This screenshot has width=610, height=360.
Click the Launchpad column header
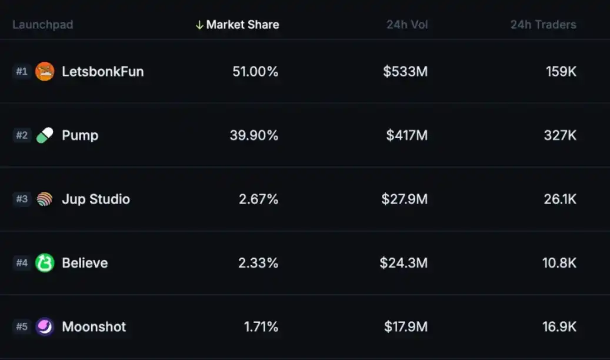[x=42, y=25]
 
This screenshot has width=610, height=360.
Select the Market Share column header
[x=242, y=25]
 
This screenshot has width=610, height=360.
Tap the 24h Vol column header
[x=407, y=25]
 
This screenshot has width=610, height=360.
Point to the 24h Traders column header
[x=543, y=25]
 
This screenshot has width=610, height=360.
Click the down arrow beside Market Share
[x=199, y=25]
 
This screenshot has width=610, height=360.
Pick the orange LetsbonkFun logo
[x=45, y=72]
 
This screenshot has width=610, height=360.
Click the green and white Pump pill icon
[x=45, y=135]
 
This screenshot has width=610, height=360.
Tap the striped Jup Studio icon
[x=45, y=199]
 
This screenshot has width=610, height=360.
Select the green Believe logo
[x=45, y=263]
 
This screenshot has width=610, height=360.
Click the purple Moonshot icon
[x=45, y=326]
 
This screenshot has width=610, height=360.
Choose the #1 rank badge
[x=22, y=72]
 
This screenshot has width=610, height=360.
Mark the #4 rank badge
[x=22, y=263]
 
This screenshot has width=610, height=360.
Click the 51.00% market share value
[x=255, y=72]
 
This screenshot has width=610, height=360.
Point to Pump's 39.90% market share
[x=254, y=135]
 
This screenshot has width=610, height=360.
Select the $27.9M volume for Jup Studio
[x=404, y=199]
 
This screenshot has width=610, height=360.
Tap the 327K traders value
[x=560, y=135]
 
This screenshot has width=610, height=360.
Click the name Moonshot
[x=94, y=326]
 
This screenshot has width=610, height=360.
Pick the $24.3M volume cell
[x=404, y=263]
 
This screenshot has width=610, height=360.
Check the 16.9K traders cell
[x=559, y=326]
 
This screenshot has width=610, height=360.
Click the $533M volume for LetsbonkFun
[x=405, y=72]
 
